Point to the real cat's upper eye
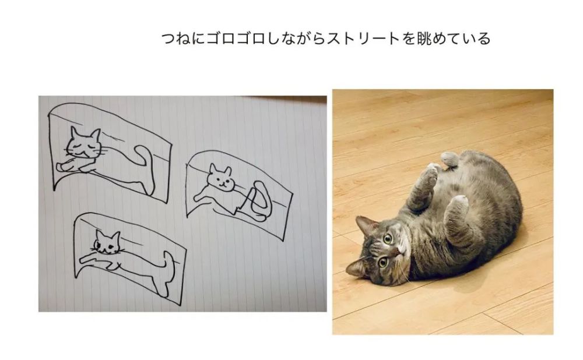(x=388, y=238)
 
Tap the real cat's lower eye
(x=382, y=263)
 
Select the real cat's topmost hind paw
(x=449, y=158)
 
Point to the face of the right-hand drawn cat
(x=220, y=178)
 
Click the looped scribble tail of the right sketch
(x=257, y=200)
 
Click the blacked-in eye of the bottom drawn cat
(x=97, y=245)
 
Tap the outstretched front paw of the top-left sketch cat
(x=62, y=167)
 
